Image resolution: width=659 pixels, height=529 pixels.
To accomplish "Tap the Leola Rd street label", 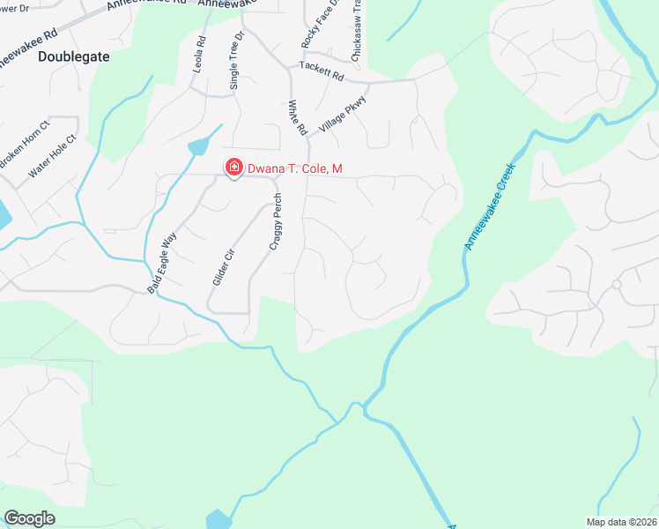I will click(200, 54).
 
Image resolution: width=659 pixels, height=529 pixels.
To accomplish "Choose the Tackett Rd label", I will click(321, 71).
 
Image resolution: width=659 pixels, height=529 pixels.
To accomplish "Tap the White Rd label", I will click(297, 117).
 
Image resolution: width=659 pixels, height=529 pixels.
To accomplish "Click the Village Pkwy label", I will click(343, 115).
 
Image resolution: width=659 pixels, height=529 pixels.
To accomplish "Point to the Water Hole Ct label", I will click(52, 156).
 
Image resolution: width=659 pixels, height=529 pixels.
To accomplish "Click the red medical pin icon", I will click(234, 167).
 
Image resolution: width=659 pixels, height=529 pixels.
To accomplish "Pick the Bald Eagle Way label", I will click(162, 262).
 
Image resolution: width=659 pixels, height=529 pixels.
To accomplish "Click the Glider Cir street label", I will click(224, 264).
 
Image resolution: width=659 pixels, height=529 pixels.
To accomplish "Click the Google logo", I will click(29, 518).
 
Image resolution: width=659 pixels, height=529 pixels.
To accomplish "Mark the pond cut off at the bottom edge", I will click(218, 519).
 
